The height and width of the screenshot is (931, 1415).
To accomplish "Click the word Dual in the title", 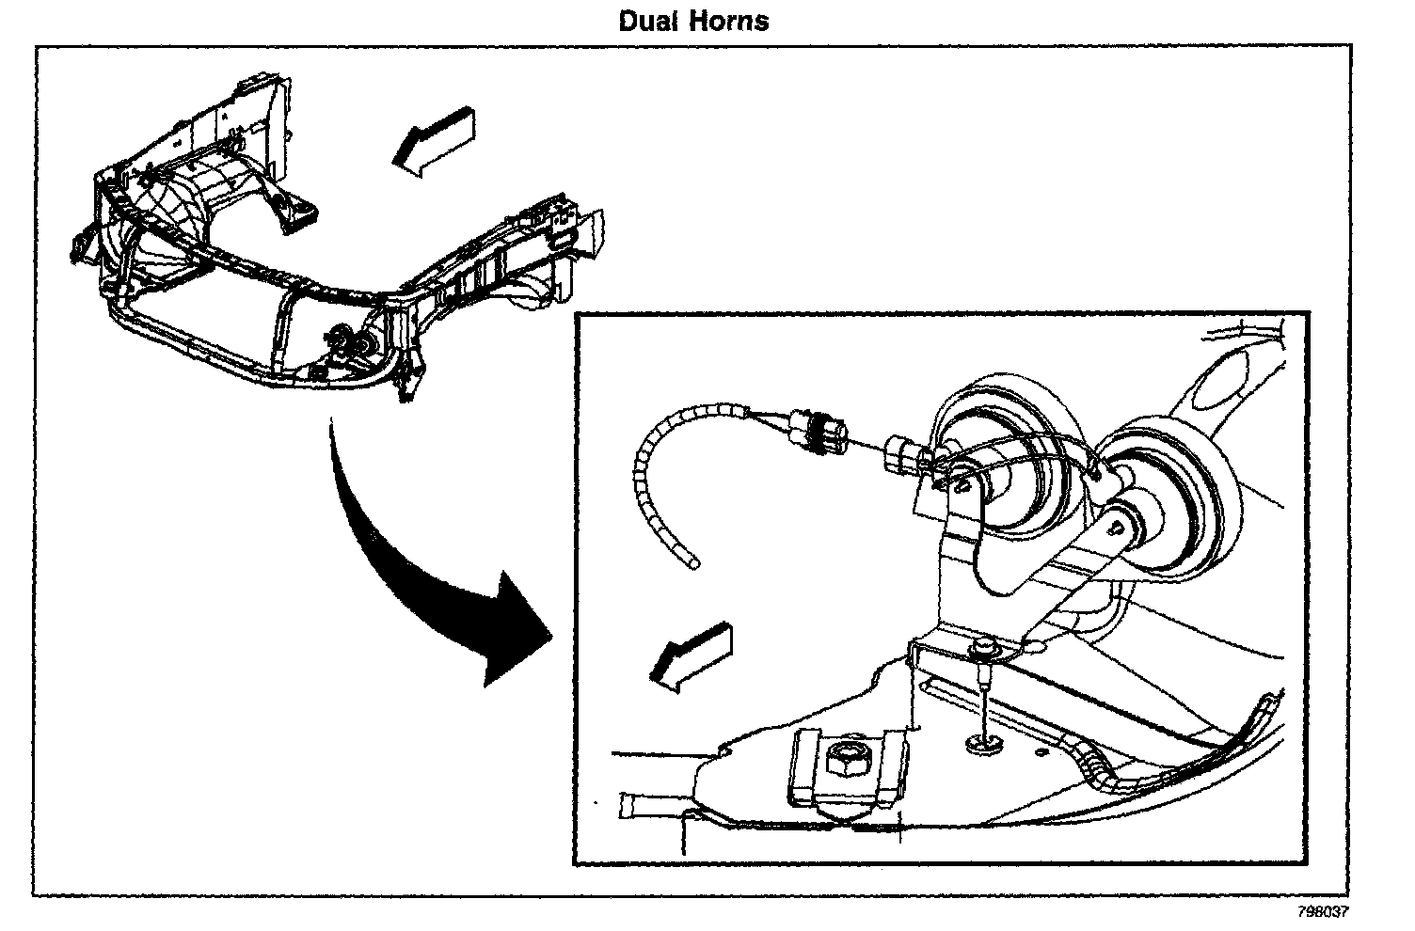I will [x=648, y=21].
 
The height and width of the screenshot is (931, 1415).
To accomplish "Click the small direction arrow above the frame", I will [x=435, y=141].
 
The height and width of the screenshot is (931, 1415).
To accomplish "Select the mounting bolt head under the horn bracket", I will [x=984, y=648].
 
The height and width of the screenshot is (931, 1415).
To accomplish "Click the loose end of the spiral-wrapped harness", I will [x=694, y=564].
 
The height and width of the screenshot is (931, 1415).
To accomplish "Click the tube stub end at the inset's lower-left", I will [x=625, y=805].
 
